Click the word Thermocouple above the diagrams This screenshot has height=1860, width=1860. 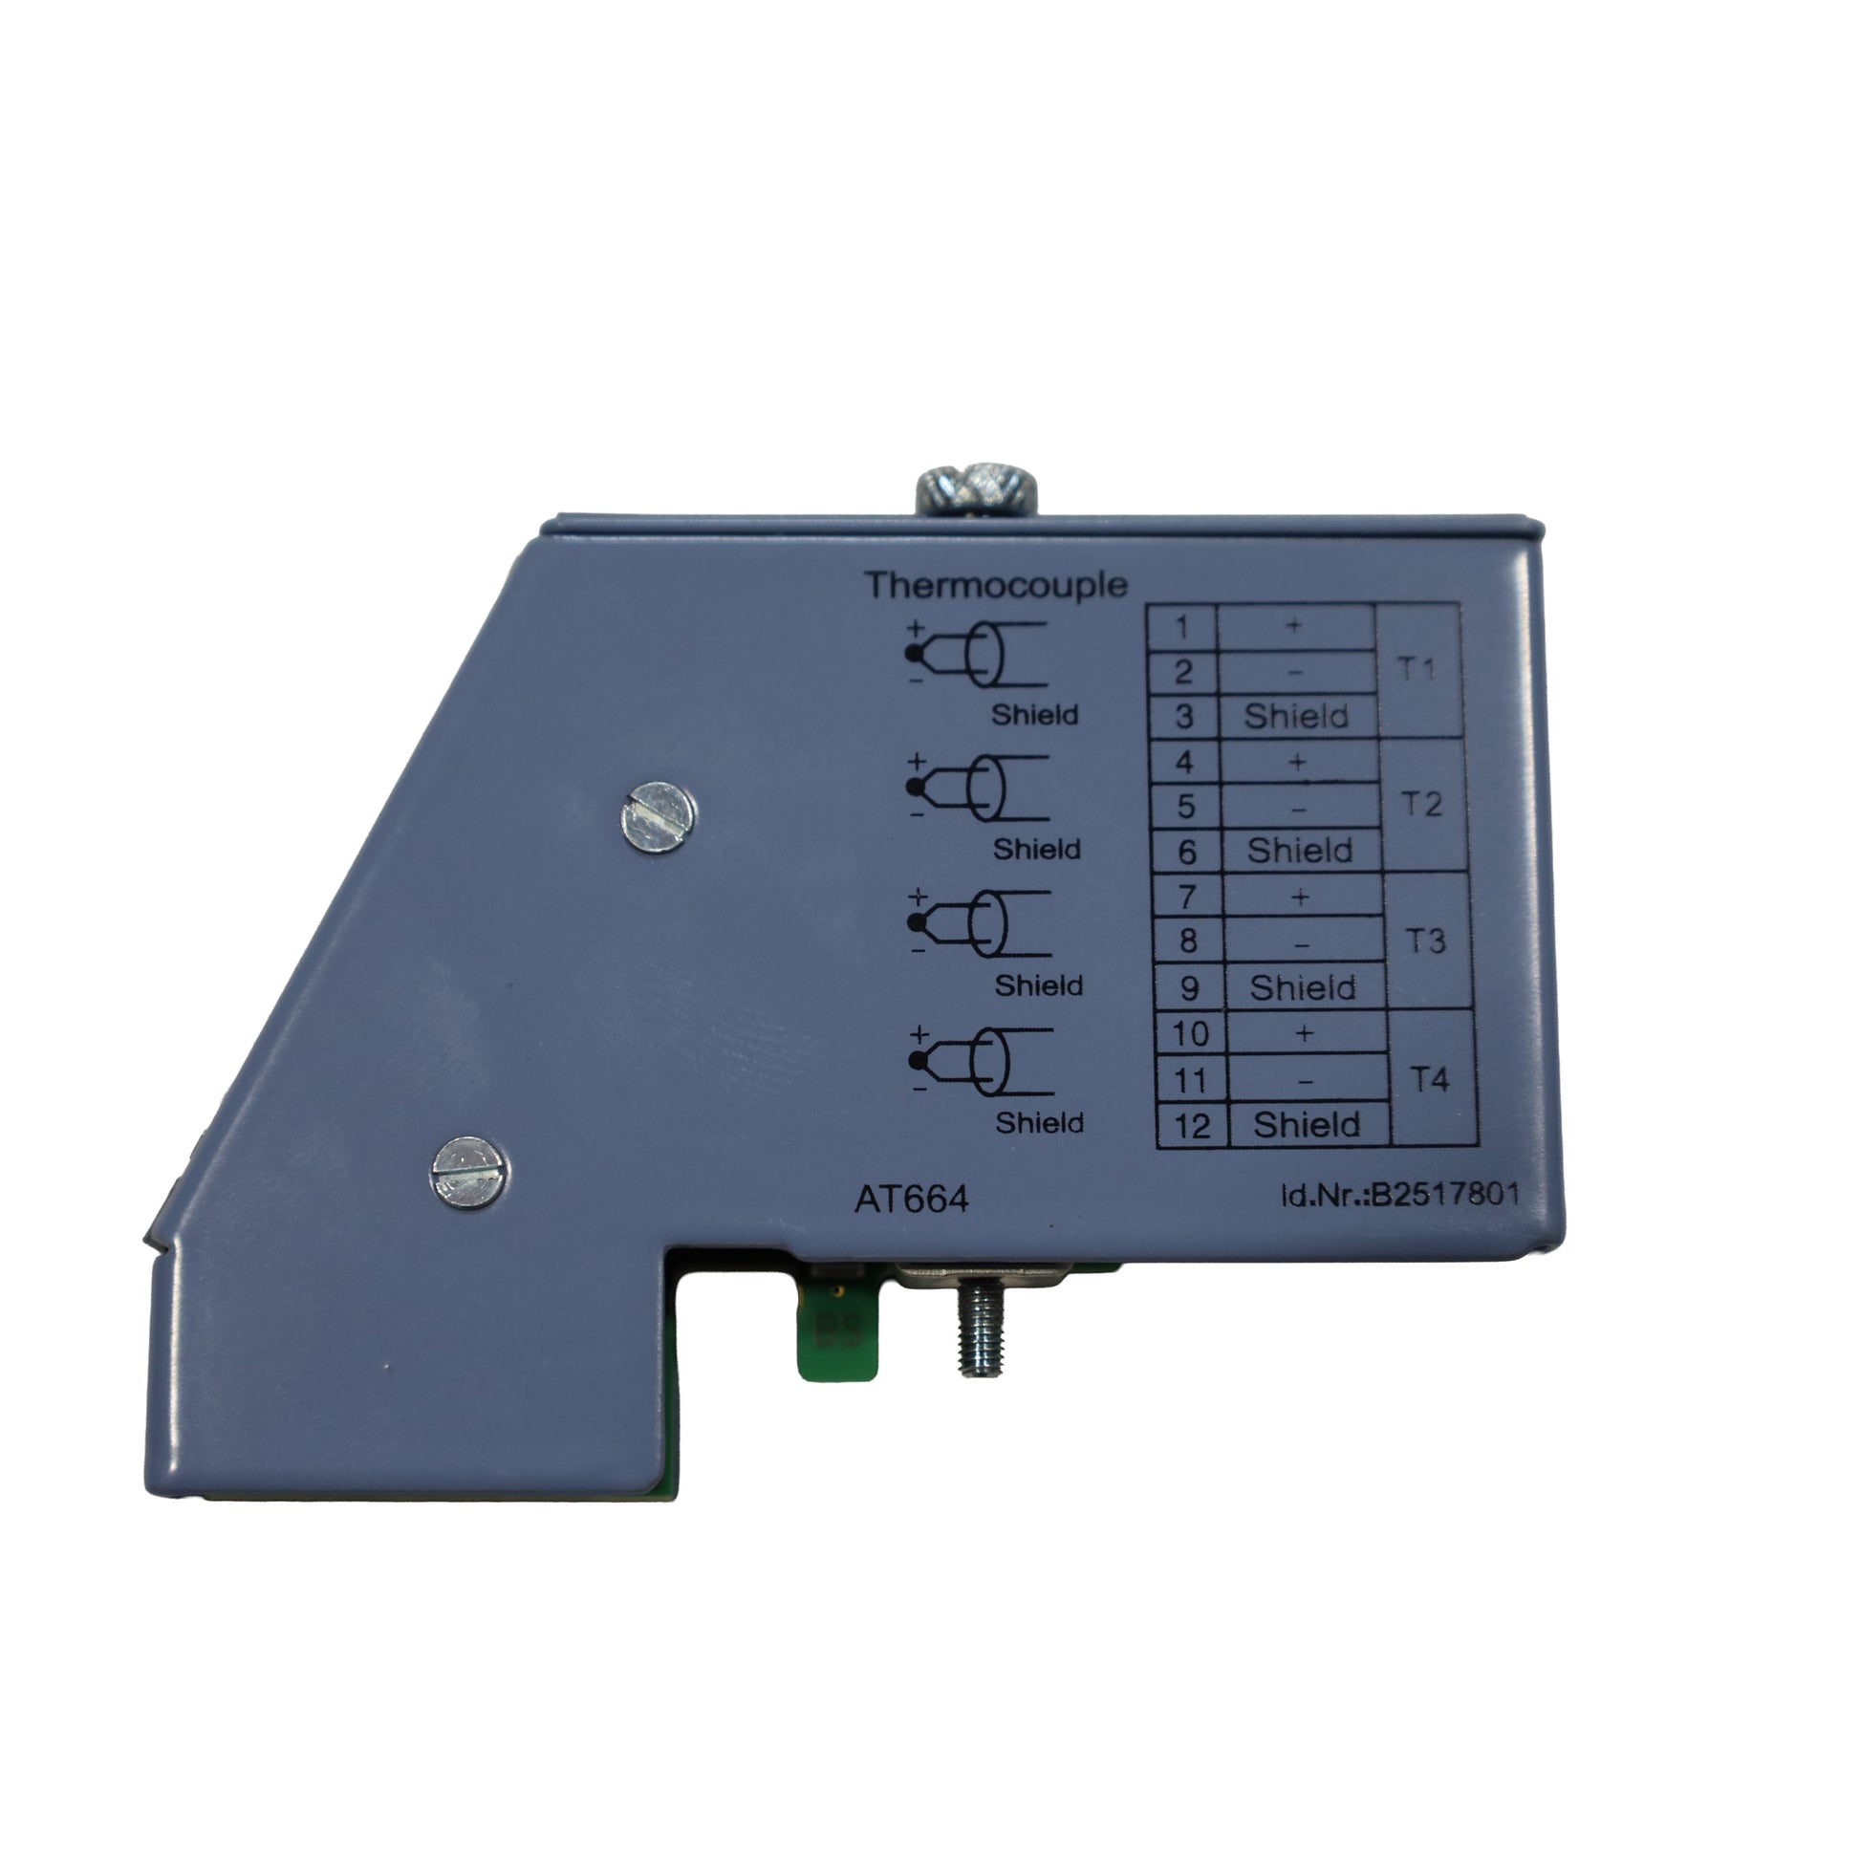click(995, 584)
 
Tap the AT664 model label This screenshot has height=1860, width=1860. click(911, 1199)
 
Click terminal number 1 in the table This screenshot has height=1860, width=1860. click(1182, 628)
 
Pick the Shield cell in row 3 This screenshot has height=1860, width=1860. click(1296, 716)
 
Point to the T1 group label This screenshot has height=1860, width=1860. click(1416, 669)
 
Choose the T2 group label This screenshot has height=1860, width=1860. click(1421, 804)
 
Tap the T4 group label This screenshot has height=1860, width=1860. click(1429, 1079)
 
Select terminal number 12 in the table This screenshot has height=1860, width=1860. click(1192, 1125)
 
